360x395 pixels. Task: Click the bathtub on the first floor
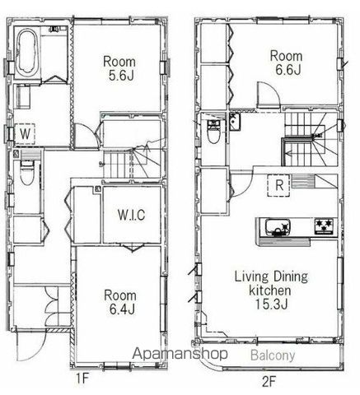click(26, 53)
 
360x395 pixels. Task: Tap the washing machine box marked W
click(25, 134)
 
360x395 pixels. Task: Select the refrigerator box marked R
click(278, 185)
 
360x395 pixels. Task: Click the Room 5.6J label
click(119, 68)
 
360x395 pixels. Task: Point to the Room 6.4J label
click(120, 302)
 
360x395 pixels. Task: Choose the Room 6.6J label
click(287, 63)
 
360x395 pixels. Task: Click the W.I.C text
click(131, 215)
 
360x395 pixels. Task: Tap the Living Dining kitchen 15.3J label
click(271, 290)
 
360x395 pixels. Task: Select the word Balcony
click(273, 355)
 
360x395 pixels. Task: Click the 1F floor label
click(82, 379)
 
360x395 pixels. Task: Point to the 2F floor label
click(269, 382)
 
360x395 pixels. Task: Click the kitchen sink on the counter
click(278, 227)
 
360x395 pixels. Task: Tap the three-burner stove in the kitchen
click(324, 226)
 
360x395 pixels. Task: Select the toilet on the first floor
click(26, 173)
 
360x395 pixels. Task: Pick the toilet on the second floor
click(213, 132)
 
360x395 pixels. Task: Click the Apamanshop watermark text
click(180, 354)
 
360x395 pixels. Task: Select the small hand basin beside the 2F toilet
click(234, 121)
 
